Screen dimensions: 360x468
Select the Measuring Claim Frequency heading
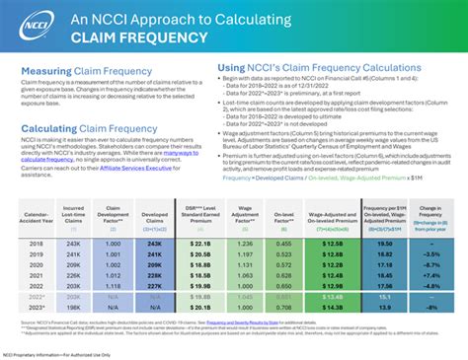point(82,72)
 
